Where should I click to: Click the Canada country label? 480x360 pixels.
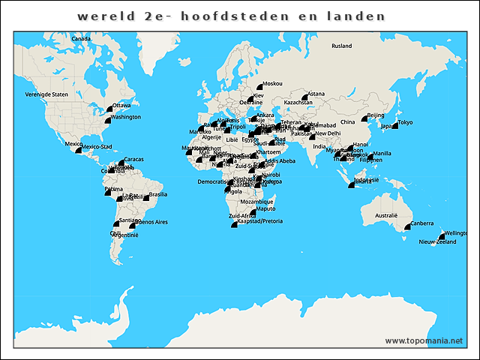(81, 38)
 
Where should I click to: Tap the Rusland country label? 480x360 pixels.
(341, 46)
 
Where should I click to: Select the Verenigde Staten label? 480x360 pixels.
(46, 94)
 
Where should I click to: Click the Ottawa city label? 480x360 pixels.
(121, 106)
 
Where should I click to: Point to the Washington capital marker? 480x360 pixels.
(107, 120)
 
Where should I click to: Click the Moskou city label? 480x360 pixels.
(273, 83)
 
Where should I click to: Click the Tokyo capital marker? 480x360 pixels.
(394, 125)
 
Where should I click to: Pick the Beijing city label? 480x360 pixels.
(376, 115)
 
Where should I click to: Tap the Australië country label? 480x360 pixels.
(385, 215)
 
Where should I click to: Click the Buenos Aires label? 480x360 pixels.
(151, 222)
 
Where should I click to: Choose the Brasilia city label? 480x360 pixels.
(157, 194)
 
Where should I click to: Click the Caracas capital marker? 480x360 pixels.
(121, 163)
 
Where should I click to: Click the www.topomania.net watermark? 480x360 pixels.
(424, 340)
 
